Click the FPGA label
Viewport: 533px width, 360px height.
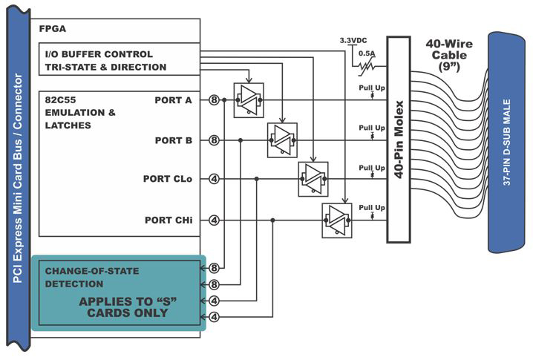[x=53, y=29]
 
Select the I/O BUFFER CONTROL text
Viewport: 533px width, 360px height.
[x=99, y=54]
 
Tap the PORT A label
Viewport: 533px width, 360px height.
[x=174, y=100]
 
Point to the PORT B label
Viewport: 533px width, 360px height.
[x=174, y=140]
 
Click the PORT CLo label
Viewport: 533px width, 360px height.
[x=168, y=179]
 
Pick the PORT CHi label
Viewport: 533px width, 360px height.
[x=169, y=220]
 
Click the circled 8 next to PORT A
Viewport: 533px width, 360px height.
[x=214, y=100]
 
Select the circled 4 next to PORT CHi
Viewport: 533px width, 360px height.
[x=214, y=220]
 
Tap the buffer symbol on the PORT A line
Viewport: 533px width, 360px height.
[x=249, y=100]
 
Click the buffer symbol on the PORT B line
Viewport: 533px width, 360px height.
[x=283, y=140]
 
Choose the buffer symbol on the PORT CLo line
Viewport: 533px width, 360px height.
[x=313, y=179]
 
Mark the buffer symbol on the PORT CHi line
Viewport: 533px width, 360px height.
[x=337, y=220]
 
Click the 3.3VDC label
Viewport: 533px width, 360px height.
[x=353, y=41]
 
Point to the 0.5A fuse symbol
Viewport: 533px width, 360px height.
[x=367, y=67]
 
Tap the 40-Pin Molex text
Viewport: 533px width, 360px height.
[x=399, y=140]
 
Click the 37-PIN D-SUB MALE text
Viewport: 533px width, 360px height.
[x=506, y=143]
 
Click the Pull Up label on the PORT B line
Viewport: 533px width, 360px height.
[x=372, y=128]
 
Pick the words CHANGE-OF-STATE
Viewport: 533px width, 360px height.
[x=92, y=271]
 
